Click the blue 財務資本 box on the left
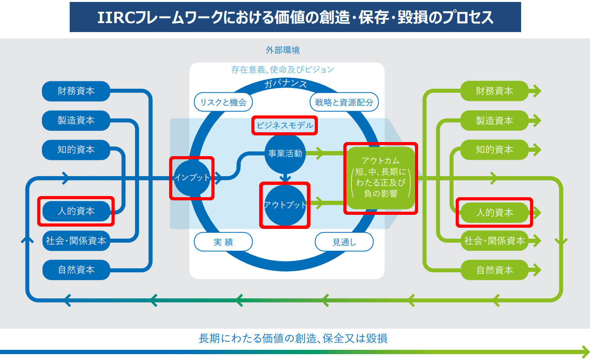(76, 91)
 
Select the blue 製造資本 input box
(76, 121)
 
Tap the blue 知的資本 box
(76, 150)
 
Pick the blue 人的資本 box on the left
(76, 211)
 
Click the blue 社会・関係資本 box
(76, 241)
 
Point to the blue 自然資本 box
(76, 270)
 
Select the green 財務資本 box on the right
(494, 91)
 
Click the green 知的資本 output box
(494, 150)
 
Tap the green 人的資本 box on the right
(494, 212)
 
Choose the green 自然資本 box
(494, 270)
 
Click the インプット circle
(192, 178)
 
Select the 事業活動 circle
(285, 153)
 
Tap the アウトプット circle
(285, 205)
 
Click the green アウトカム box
(381, 178)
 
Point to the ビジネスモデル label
(285, 126)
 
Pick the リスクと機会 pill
(223, 103)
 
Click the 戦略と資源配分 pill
(344, 103)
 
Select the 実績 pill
(223, 242)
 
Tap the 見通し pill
(344, 242)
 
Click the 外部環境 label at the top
(283, 50)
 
